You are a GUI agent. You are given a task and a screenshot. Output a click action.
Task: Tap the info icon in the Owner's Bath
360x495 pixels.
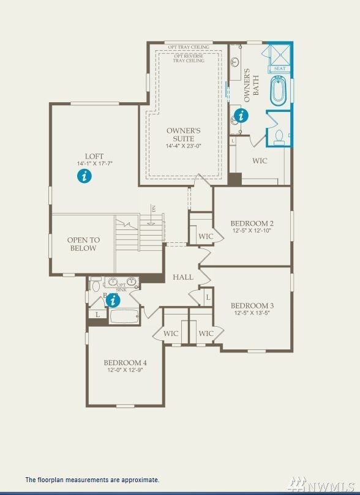tap(241, 114)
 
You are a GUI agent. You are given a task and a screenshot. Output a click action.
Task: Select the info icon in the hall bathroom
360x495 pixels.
tap(113, 300)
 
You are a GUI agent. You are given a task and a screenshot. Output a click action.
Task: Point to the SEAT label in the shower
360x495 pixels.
tap(279, 69)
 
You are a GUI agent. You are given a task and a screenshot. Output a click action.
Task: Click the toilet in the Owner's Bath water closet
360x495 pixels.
tap(279, 136)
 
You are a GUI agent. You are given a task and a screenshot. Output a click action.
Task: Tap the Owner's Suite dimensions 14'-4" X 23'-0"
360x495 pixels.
tap(184, 146)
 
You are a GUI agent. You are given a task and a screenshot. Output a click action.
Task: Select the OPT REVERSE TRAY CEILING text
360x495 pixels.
tap(189, 58)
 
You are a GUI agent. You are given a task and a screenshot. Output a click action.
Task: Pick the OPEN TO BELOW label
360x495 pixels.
tap(83, 244)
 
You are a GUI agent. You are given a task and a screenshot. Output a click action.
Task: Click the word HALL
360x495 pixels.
tap(183, 277)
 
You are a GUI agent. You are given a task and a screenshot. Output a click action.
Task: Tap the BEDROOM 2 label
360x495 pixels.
tap(252, 223)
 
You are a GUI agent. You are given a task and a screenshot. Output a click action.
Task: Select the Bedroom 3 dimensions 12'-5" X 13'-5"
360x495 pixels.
tap(252, 313)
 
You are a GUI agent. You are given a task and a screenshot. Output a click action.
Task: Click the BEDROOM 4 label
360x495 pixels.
tap(125, 362)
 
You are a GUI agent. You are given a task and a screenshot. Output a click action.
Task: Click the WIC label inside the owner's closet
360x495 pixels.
tap(260, 161)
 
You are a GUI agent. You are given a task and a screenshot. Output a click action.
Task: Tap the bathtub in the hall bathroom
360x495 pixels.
tap(126, 316)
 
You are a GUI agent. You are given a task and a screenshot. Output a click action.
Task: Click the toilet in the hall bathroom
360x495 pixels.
tap(96, 286)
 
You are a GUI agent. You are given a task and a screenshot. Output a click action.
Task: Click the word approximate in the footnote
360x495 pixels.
tap(140, 480)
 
